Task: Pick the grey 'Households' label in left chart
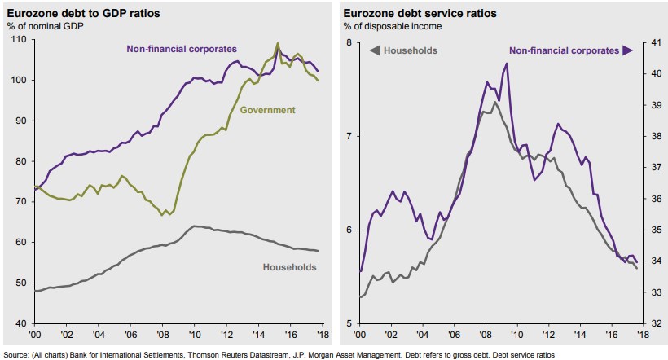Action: pyautogui.click(x=290, y=266)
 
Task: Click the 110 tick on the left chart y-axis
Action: pyautogui.click(x=19, y=39)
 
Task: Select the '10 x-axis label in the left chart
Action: pyautogui.click(x=195, y=335)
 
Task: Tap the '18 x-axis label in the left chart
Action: pyautogui.click(x=322, y=335)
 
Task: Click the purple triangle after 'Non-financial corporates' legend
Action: pyautogui.click(x=627, y=50)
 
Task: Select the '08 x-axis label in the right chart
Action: pyautogui.click(x=486, y=335)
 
